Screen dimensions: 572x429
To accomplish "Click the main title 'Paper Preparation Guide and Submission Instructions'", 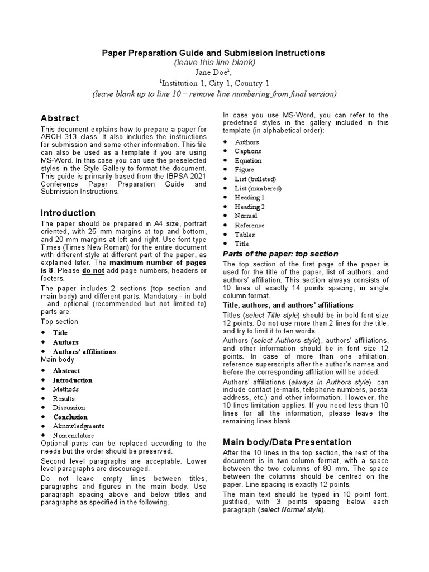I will [213, 53].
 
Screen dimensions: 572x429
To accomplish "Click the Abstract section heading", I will [60, 118].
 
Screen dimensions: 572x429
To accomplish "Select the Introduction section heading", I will [68, 213].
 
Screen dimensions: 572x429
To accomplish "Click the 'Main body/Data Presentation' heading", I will [287, 442].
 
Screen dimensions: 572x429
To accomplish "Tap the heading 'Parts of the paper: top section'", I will [280, 254].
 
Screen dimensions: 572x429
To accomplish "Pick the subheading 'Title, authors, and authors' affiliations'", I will [288, 305].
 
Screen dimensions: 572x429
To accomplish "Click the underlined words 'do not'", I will [93, 270].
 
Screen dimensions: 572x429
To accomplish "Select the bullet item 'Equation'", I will [248, 160].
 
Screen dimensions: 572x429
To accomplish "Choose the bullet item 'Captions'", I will [248, 151].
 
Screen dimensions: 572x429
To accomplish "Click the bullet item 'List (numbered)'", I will [258, 188].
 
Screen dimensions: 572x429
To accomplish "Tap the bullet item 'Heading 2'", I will [250, 207].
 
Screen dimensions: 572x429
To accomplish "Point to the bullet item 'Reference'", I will [250, 225].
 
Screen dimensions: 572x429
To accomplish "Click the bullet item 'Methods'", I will [66, 389].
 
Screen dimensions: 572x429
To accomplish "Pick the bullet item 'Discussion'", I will [69, 407].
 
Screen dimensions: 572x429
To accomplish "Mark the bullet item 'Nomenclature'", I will [73, 435].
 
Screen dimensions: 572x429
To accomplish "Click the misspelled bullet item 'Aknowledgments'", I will [78, 426].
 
